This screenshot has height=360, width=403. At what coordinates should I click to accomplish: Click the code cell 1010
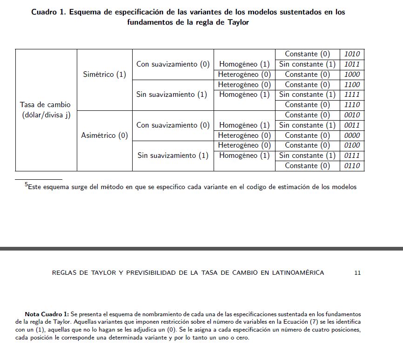tap(352, 54)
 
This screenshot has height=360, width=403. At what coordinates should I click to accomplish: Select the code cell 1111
tap(352, 95)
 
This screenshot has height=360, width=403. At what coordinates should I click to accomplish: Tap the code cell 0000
tap(352, 136)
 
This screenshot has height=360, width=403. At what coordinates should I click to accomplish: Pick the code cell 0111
tap(352, 156)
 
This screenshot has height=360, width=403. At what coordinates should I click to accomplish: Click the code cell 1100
tap(352, 85)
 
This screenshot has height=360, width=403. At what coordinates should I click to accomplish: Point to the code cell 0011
tap(352, 125)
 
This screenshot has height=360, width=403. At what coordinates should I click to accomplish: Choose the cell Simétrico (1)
tap(104, 75)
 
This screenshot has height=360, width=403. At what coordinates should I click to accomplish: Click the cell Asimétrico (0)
tap(104, 136)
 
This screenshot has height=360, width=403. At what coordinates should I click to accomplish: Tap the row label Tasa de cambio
tap(46, 105)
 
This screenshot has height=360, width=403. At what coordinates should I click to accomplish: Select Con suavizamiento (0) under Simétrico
tap(173, 64)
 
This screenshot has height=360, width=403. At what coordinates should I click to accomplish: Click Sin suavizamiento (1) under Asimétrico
tap(173, 156)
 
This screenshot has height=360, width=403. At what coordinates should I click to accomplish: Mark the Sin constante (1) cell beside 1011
tap(307, 64)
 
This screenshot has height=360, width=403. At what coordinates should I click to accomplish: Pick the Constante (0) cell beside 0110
tap(307, 166)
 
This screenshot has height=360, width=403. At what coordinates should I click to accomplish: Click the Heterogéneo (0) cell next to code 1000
tap(244, 75)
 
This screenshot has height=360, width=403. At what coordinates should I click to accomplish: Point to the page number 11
tap(357, 273)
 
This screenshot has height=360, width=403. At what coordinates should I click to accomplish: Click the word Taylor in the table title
tap(238, 22)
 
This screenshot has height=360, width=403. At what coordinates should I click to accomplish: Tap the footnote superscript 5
tap(26, 185)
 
